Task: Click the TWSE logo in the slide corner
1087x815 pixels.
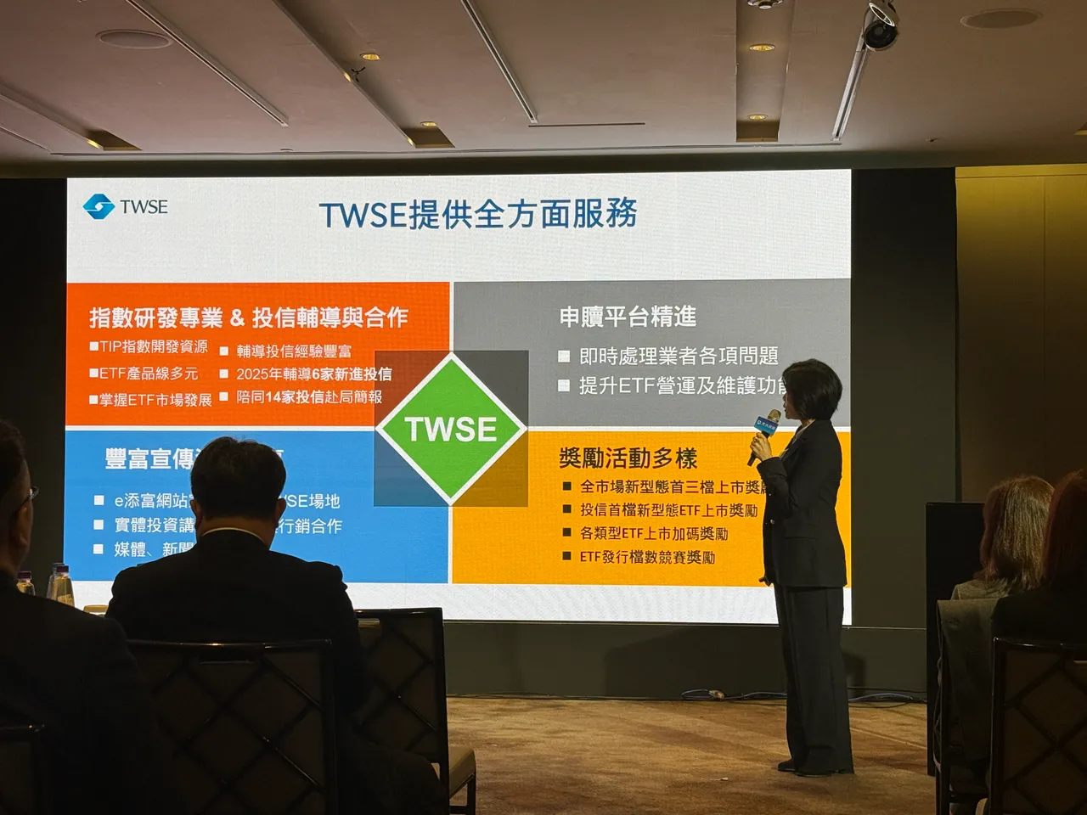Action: pyautogui.click(x=126, y=206)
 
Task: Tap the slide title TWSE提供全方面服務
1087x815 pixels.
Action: pyautogui.click(x=478, y=215)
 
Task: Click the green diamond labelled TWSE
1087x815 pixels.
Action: pyautogui.click(x=451, y=429)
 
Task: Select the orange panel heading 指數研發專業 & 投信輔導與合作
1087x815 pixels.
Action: pyautogui.click(x=249, y=318)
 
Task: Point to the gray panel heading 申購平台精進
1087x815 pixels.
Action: pyautogui.click(x=628, y=317)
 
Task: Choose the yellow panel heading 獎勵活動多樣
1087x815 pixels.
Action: pyautogui.click(x=628, y=458)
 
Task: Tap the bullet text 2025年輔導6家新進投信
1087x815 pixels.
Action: pyautogui.click(x=313, y=374)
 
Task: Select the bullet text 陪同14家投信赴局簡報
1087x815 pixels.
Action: pyautogui.click(x=309, y=396)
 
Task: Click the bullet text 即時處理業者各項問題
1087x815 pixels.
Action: pyautogui.click(x=678, y=356)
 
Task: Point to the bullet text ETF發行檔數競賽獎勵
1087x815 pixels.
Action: pyautogui.click(x=647, y=557)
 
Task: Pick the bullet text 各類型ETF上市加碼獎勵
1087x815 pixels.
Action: pyautogui.click(x=653, y=533)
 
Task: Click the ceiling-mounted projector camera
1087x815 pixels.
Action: pyautogui.click(x=880, y=25)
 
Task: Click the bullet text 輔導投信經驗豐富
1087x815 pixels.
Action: pyautogui.click(x=294, y=351)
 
